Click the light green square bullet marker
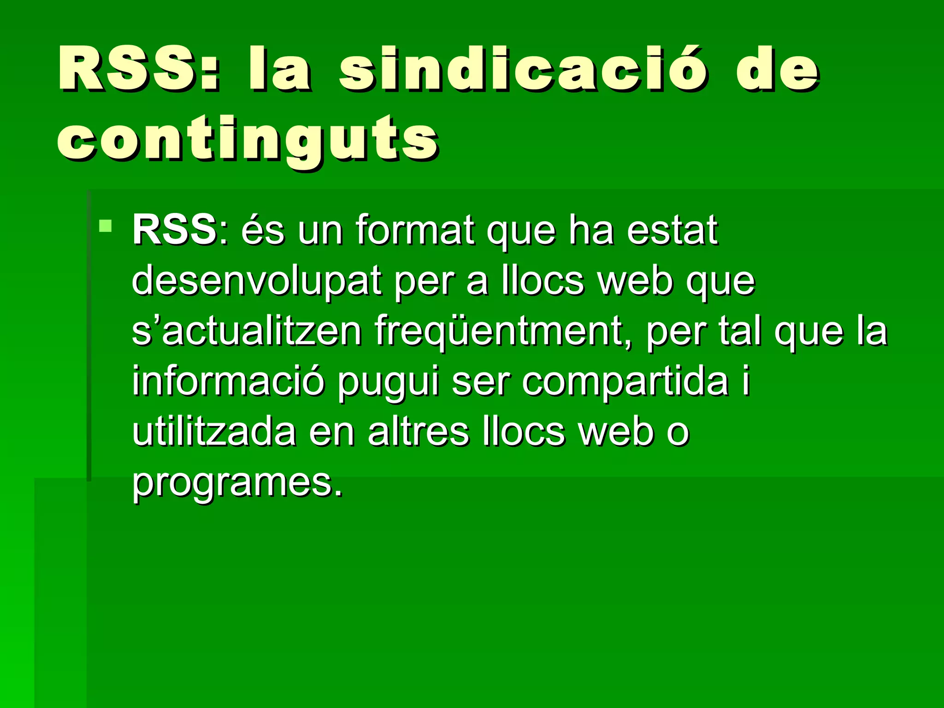105,226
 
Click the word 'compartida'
625,383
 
